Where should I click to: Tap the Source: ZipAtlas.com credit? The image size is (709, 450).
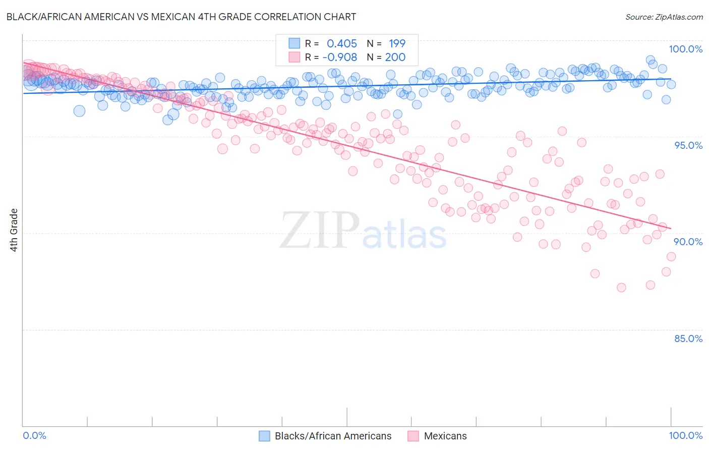[x=664, y=17]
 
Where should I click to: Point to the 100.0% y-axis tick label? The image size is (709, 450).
[x=685, y=49]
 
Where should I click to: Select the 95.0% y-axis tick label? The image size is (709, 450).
[x=688, y=145]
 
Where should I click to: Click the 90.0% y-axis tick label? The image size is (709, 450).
[x=688, y=242]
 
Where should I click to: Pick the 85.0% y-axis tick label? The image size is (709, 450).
[x=688, y=339]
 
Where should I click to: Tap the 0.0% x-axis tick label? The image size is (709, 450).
[x=34, y=435]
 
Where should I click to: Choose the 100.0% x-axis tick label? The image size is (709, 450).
[x=685, y=435]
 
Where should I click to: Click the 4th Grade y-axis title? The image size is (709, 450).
[x=14, y=230]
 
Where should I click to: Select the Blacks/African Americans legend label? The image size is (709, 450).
[x=333, y=436]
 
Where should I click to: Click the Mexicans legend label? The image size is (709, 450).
[x=445, y=436]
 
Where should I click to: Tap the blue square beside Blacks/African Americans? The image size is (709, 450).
[x=264, y=436]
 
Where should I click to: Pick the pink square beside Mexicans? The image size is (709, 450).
[x=413, y=436]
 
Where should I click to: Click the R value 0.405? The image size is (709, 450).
[x=342, y=44]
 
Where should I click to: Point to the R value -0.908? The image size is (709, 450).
[x=340, y=58]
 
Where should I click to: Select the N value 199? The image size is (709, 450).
[x=397, y=44]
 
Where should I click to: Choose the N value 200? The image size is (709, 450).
[x=395, y=58]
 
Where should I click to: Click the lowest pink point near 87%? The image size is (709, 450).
[x=621, y=288]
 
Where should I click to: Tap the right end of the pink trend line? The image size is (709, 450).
[x=671, y=229]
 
